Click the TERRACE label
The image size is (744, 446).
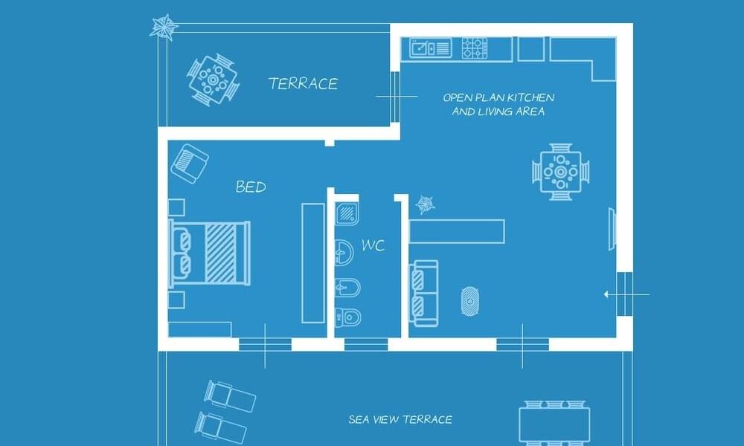304,84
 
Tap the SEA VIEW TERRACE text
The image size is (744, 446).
400,419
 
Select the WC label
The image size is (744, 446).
373,245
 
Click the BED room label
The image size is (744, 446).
251,187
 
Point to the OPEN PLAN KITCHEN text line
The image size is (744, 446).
498,97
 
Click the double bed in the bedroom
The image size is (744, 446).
211,253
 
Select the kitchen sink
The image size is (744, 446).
430,48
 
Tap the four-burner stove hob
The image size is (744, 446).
475,48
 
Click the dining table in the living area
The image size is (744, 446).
561,172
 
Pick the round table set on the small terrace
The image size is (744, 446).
213,79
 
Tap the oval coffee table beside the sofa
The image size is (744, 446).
469,301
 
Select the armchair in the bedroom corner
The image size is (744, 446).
190,164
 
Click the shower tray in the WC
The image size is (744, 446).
347,214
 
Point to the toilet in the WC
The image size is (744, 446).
347,317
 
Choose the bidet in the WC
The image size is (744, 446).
347,288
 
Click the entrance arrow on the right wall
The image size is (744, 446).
626,295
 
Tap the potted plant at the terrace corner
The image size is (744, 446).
164,27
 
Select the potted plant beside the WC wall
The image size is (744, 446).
425,204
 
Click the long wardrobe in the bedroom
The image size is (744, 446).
314,263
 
